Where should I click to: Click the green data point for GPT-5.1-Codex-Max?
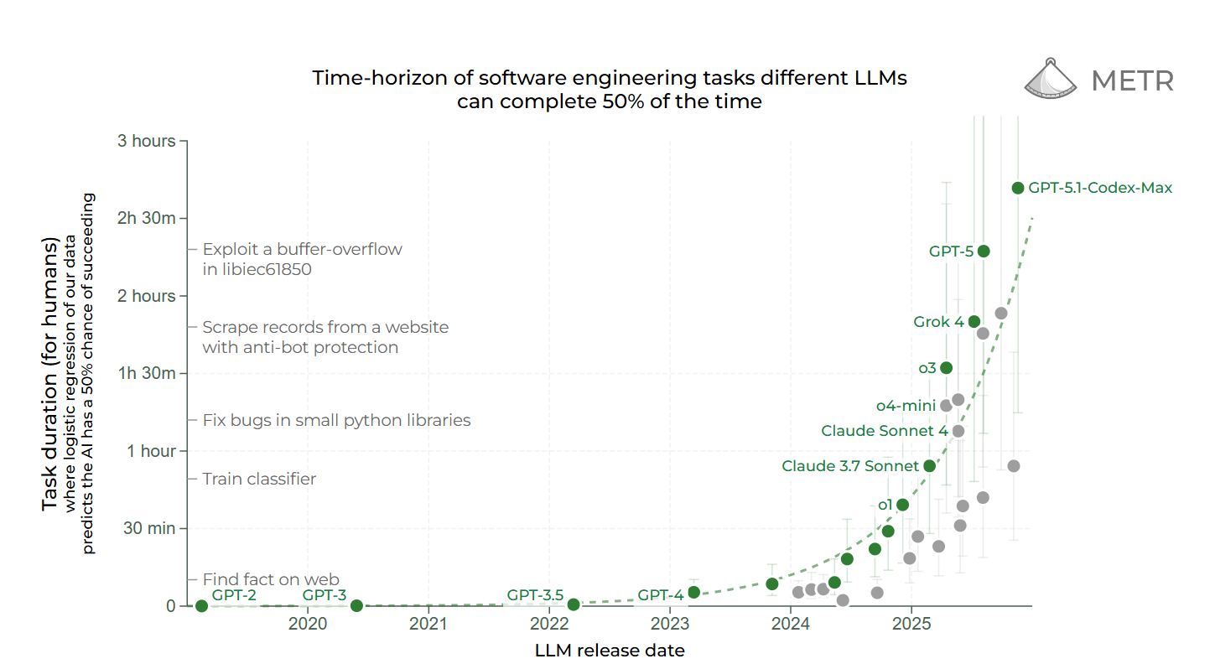(1018, 188)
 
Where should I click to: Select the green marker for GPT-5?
(984, 251)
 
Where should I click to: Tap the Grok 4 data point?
(974, 321)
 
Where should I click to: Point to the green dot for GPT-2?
(201, 605)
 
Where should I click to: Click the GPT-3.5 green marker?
(574, 604)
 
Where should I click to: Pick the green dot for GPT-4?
(693, 592)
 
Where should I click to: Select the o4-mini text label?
(906, 406)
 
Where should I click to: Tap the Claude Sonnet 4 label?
(884, 431)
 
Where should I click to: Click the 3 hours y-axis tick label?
(146, 141)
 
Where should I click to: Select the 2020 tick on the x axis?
(308, 624)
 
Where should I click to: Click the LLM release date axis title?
(609, 651)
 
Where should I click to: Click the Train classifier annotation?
(259, 479)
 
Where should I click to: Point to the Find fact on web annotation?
(271, 579)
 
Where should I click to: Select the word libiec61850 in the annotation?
(257, 270)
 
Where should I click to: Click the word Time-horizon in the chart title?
(375, 78)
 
